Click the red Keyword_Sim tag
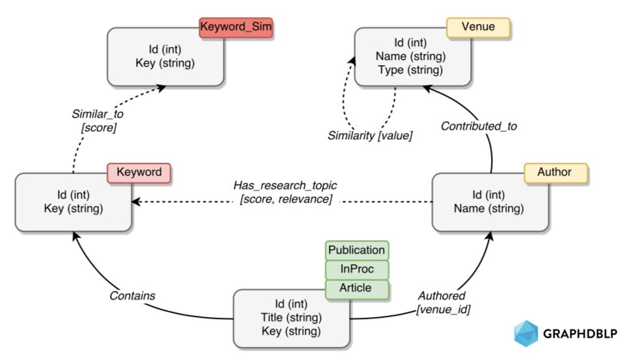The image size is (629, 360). click(236, 27)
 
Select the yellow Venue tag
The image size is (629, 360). click(478, 27)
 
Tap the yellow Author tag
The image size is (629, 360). click(555, 173)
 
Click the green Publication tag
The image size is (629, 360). click(356, 251)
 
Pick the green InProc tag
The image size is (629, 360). click(356, 270)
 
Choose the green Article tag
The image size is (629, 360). click(356, 288)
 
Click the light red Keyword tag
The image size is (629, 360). click(138, 173)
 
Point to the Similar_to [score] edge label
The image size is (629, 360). click(98, 121)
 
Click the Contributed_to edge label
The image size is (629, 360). click(479, 126)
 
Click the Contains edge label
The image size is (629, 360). click(132, 296)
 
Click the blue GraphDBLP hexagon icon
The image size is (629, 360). click(526, 333)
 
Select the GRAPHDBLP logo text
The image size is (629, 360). click(580, 335)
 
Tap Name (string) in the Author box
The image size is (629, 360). click(489, 209)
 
